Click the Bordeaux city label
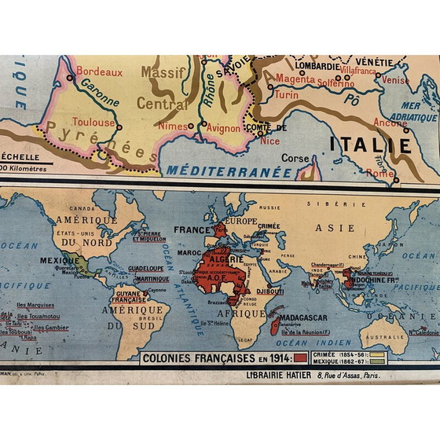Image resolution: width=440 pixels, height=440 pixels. click(x=100, y=71)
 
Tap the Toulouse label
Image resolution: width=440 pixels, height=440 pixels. click(x=94, y=122)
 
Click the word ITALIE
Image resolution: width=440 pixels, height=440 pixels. click(x=369, y=145)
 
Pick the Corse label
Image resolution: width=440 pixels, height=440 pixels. click(x=295, y=157)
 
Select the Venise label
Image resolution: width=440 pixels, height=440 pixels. click(x=395, y=79)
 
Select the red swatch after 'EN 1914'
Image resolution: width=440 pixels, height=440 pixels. click(x=301, y=359)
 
